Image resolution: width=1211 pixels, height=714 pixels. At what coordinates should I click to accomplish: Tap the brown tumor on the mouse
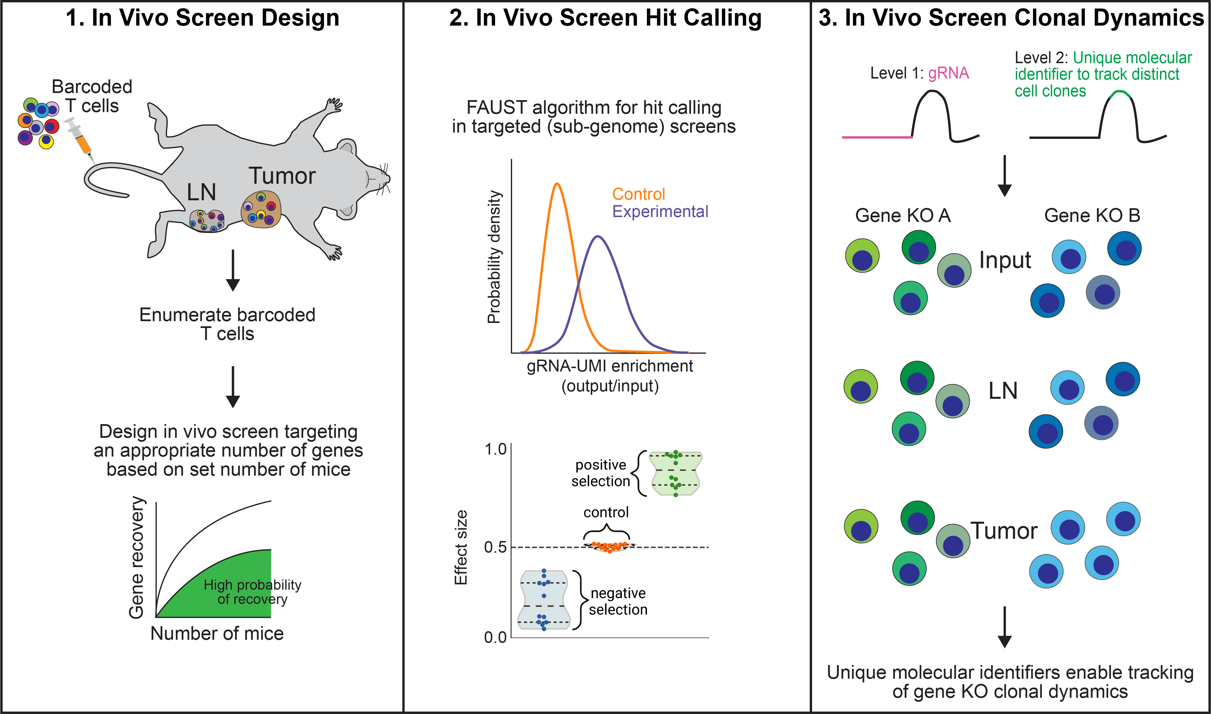261,209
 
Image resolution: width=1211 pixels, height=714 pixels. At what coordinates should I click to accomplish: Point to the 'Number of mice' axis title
217,633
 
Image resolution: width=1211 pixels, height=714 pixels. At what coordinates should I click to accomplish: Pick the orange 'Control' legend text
638,194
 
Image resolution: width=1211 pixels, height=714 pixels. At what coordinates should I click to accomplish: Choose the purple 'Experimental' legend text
660,211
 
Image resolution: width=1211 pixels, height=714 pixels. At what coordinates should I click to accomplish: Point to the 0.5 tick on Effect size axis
495,547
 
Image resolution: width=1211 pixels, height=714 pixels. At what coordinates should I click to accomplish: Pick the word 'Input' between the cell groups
1005,260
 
